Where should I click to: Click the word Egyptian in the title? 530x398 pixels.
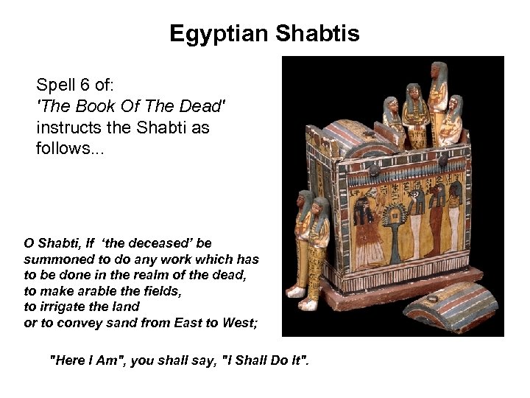[x=219, y=34]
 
